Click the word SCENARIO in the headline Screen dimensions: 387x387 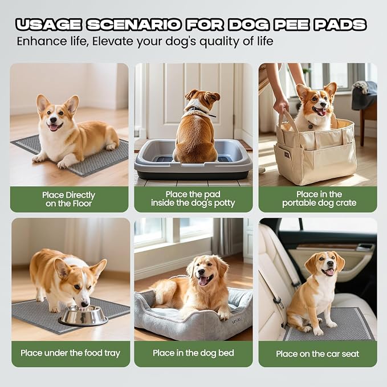tap(134, 25)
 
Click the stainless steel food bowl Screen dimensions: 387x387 tap(83, 315)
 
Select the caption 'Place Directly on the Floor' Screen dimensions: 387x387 tap(68, 199)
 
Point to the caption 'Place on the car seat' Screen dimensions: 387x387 tap(317, 354)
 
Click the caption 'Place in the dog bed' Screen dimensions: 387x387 tap(193, 353)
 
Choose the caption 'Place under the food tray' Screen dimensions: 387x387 tap(70, 353)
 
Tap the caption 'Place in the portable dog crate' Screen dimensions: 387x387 tap(319, 198)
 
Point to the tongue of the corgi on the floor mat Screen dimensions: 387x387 tap(54, 127)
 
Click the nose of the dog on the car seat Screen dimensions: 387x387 tap(329, 264)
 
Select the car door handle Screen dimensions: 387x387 tap(365, 247)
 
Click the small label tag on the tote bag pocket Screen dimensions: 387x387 tap(287, 155)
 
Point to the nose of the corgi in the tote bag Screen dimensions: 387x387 tap(321, 103)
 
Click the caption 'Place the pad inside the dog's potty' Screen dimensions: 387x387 tap(193, 198)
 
